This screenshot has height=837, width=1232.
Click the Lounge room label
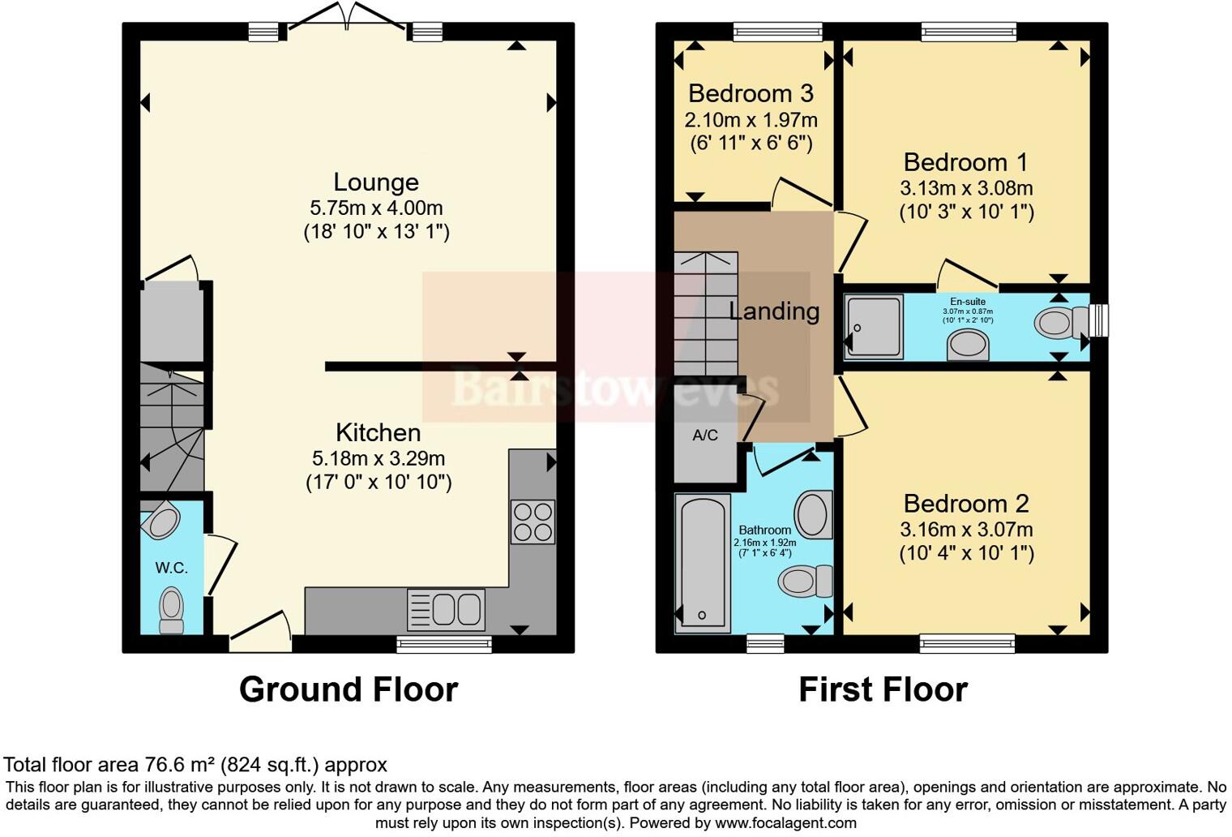click(376, 182)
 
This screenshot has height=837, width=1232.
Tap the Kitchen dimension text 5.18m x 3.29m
click(379, 458)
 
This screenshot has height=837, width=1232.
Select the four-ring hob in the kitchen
click(533, 522)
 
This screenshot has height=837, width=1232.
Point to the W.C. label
click(172, 568)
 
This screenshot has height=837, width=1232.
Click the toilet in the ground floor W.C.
click(171, 609)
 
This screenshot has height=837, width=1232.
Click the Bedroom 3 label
click(751, 93)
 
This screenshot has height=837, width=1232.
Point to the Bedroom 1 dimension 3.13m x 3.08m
click(966, 188)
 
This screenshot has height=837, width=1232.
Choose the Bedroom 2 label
click(966, 504)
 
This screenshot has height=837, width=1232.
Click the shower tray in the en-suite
click(874, 326)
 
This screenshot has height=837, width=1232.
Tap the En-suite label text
click(968, 302)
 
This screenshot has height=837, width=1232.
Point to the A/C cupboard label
click(705, 436)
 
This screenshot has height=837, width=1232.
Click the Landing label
click(774, 311)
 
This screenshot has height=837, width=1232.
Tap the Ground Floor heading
click(349, 689)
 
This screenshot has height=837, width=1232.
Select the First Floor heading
click(883, 689)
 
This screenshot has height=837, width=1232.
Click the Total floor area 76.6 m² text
click(195, 764)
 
